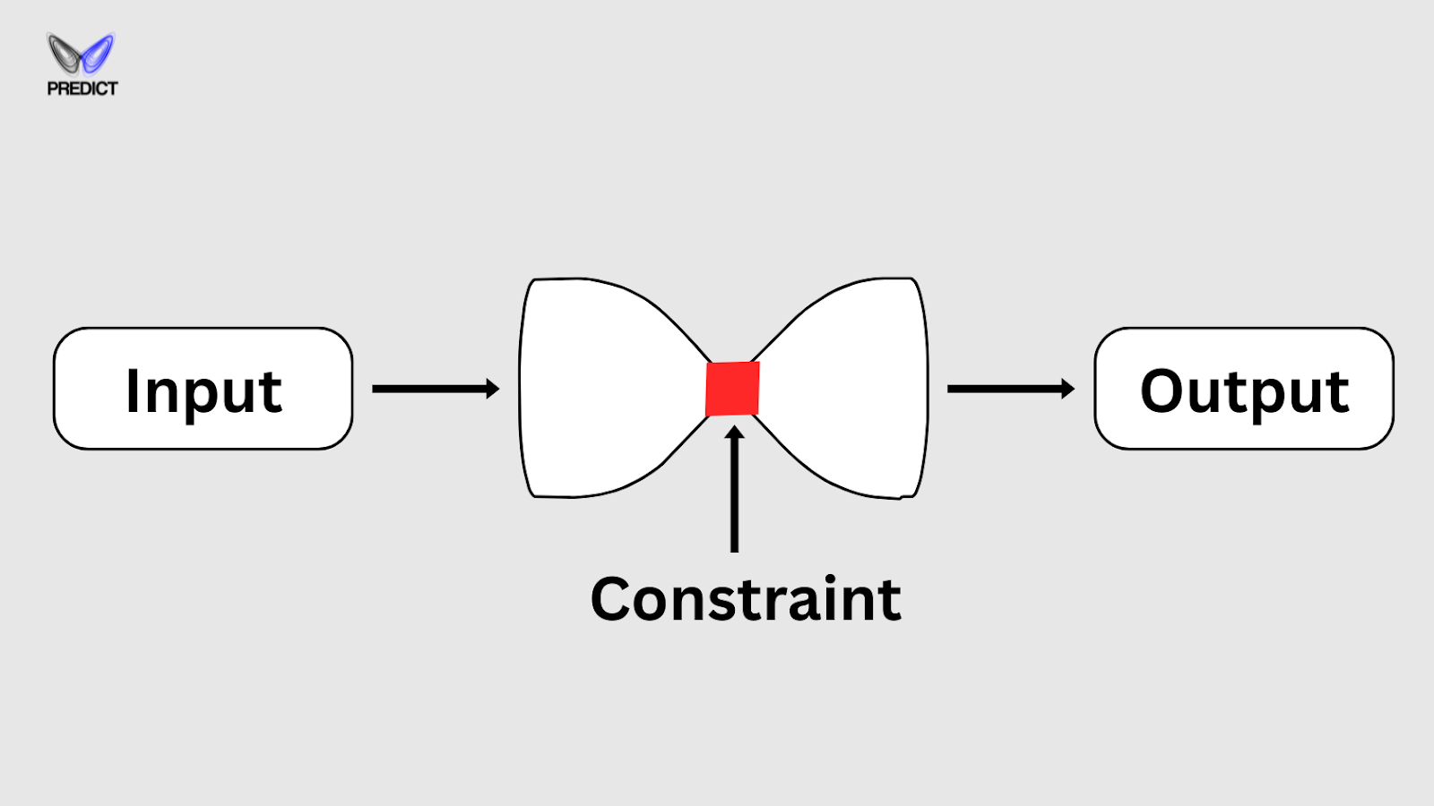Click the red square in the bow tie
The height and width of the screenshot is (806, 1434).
732,389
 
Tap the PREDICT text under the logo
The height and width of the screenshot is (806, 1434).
82,89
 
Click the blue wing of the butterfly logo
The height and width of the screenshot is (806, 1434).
98,52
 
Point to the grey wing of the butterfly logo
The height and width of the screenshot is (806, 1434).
65,52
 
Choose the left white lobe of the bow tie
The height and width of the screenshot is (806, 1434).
600,389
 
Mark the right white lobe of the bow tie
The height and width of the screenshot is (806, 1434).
851,389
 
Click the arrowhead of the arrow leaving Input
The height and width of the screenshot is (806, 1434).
492,389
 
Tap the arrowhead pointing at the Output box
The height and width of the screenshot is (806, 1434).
1067,389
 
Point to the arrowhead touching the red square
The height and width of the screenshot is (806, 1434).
735,434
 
